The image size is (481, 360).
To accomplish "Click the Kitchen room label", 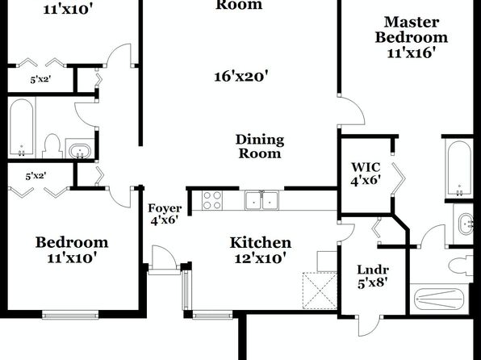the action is (261, 243).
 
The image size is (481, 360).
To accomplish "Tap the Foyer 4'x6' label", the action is (165, 214).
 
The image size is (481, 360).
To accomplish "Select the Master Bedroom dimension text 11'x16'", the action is (412, 53).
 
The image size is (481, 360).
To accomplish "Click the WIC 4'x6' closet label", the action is (366, 174).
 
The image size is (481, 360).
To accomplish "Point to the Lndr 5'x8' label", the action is (373, 276).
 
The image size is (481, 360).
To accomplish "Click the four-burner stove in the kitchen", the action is (212, 200).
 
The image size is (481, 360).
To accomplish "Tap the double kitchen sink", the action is (261, 200).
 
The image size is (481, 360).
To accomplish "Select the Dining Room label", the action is (260, 146).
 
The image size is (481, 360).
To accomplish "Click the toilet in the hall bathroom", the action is (52, 146).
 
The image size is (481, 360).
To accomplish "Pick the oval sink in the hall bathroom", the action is (79, 151).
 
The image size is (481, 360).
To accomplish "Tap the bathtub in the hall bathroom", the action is (21, 128).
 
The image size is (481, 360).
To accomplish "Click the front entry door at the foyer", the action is (163, 260).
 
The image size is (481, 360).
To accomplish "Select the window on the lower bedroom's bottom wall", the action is (70, 315).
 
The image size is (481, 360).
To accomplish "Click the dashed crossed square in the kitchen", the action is (320, 291).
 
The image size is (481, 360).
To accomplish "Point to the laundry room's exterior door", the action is (370, 325).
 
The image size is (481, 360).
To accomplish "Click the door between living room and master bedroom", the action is (351, 111).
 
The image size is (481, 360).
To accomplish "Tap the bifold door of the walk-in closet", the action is (398, 179).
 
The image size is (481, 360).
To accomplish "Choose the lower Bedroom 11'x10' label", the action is (72, 249).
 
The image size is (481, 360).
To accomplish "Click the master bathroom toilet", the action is (461, 266).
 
